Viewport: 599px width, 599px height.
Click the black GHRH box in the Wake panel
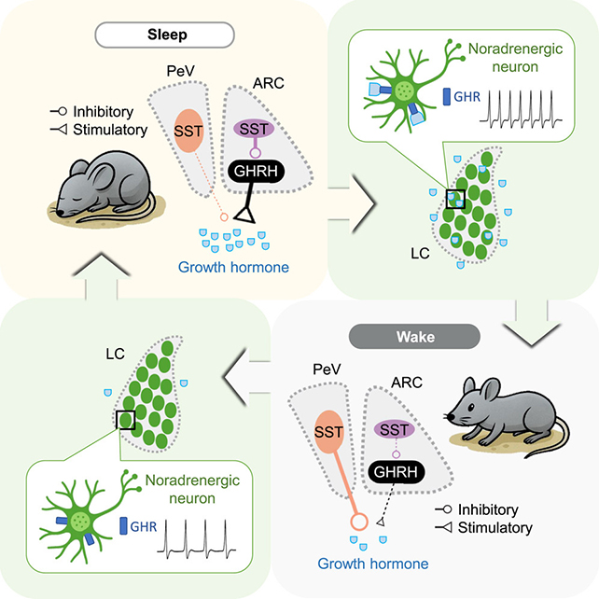tap(396, 473)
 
